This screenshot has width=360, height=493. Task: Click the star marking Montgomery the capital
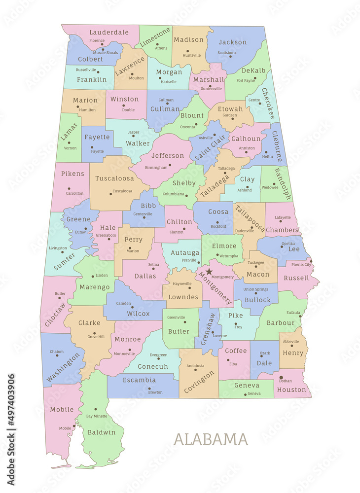coord(209,272)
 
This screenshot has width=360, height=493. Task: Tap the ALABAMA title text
coord(211,439)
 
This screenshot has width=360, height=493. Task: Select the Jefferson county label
coord(167,156)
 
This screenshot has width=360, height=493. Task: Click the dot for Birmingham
coord(170,165)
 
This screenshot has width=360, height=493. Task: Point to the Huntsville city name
coord(192,56)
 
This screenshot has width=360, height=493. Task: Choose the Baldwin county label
coord(102,432)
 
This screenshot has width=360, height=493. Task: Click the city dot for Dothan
coord(281,378)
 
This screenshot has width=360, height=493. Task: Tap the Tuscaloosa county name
coord(114,178)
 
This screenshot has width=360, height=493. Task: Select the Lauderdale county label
coord(109,32)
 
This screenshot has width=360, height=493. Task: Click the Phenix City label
coord(301,265)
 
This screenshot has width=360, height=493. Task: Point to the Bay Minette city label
coord(97,417)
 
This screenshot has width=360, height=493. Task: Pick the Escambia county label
coord(139,380)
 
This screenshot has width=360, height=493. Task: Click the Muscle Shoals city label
coord(106,52)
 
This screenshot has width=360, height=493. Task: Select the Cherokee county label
coord(268,104)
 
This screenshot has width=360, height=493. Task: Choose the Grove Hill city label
coord(96,337)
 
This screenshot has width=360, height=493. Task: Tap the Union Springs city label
coord(255,289)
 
